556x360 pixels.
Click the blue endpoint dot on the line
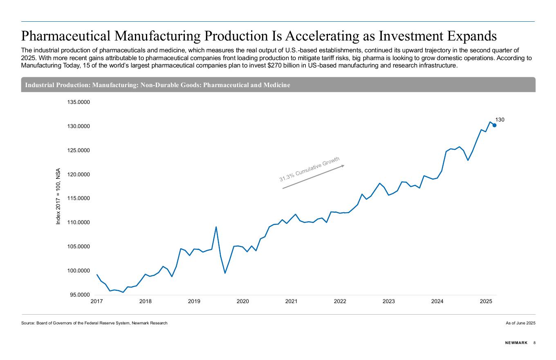(x=494, y=125)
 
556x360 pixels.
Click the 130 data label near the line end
(x=500, y=120)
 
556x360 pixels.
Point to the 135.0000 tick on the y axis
(x=78, y=102)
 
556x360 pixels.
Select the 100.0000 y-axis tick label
(x=78, y=271)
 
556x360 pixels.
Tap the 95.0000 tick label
(x=78, y=295)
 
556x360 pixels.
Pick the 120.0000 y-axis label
(x=78, y=175)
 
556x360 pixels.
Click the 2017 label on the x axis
(x=96, y=301)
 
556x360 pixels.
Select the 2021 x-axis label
(x=291, y=301)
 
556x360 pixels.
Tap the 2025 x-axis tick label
(x=486, y=301)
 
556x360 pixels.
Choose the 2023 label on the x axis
(x=388, y=301)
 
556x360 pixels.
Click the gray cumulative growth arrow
(x=313, y=177)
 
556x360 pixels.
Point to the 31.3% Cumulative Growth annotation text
(x=309, y=169)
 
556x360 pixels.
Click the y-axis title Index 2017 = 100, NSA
(x=58, y=196)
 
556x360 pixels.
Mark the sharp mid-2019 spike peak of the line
(x=216, y=227)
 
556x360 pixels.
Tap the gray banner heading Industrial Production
(x=157, y=85)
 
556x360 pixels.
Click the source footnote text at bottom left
(x=94, y=323)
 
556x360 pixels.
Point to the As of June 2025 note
(x=520, y=323)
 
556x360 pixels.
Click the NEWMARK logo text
(x=516, y=343)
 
